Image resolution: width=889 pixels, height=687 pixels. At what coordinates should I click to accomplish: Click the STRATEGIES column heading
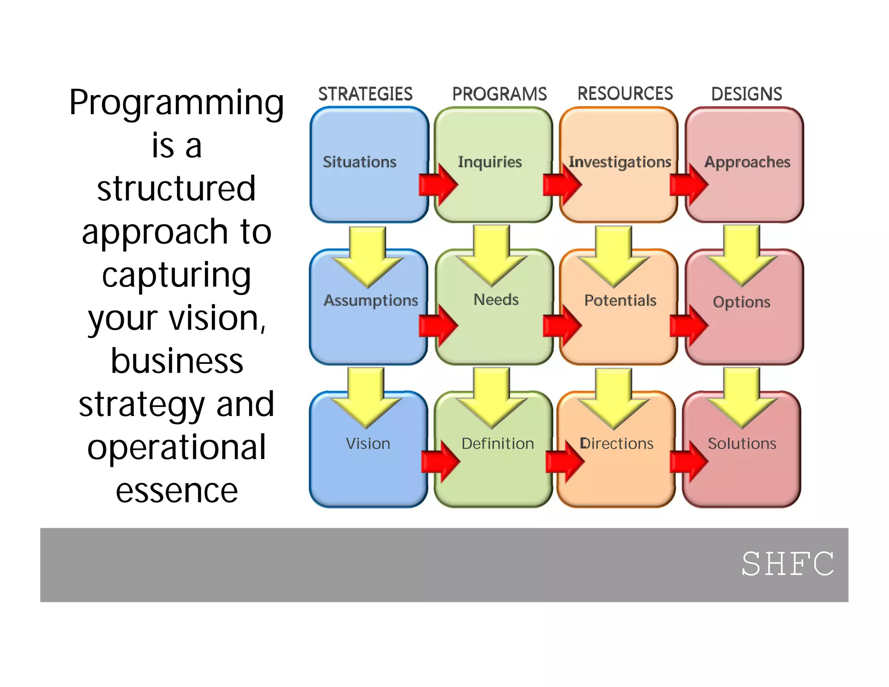click(x=365, y=94)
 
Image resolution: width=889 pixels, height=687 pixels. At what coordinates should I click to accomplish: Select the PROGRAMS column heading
click(x=499, y=94)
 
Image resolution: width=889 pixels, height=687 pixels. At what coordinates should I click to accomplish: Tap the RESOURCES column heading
click(x=625, y=93)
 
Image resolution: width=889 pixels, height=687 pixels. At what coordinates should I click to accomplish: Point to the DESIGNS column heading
click(x=747, y=94)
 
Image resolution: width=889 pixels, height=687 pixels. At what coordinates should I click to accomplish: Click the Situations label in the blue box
click(x=359, y=162)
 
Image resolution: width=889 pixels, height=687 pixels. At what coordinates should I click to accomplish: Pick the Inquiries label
click(x=490, y=162)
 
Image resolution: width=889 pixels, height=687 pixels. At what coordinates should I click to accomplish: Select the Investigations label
click(x=620, y=162)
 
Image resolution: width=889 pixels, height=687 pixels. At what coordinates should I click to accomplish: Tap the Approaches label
click(x=747, y=162)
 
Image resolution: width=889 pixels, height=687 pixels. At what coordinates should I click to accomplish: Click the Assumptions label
click(x=371, y=301)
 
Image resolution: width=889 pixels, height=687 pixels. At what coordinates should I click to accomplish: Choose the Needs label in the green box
click(x=496, y=300)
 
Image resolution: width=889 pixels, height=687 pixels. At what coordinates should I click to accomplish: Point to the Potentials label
click(x=620, y=301)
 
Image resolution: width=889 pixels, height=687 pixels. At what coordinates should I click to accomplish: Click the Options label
click(x=741, y=302)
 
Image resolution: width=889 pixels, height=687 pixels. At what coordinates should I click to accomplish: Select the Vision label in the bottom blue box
click(x=368, y=443)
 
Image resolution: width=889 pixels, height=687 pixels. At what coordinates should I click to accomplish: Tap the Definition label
click(x=497, y=443)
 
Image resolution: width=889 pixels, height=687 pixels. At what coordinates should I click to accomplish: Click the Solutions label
click(x=742, y=443)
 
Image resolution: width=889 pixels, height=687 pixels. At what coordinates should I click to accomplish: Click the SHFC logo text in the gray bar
click(x=787, y=564)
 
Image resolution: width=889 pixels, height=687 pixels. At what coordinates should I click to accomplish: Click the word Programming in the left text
click(x=177, y=103)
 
